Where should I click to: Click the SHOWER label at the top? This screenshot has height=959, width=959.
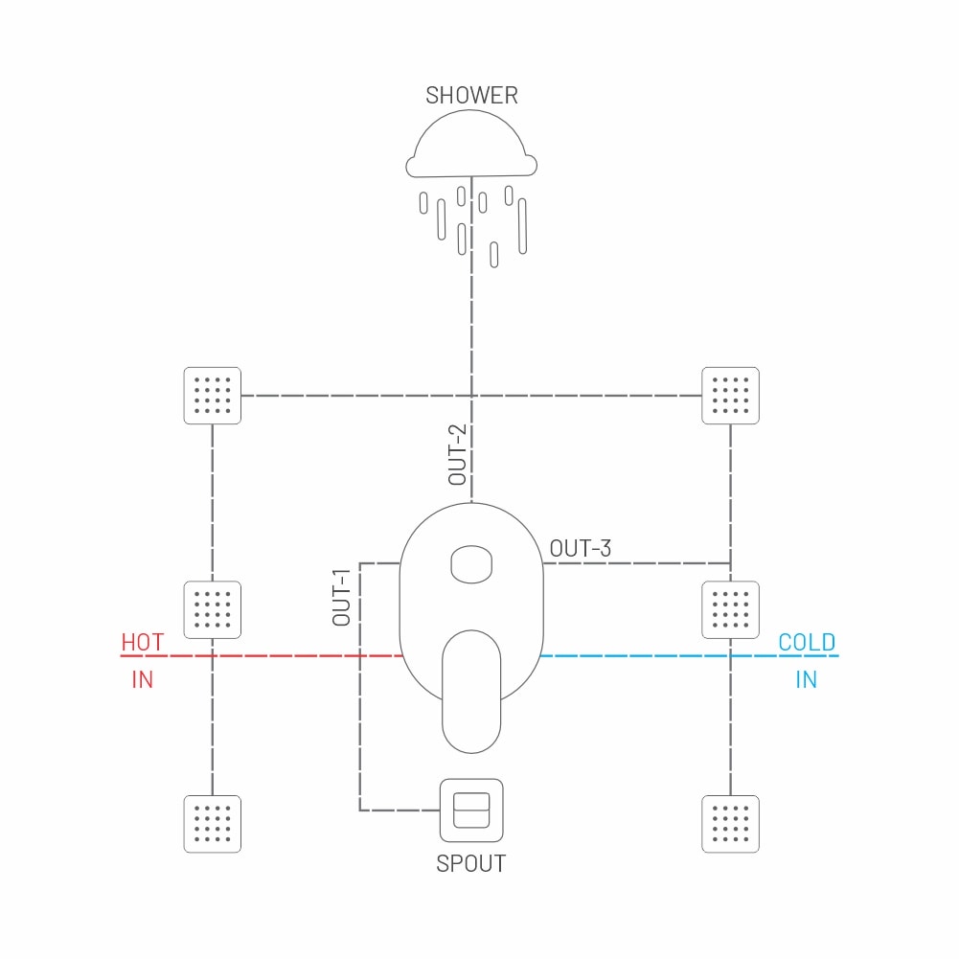pos(471,96)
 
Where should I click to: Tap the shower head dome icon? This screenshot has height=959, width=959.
pos(471,145)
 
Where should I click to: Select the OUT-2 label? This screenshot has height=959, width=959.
pos(458,454)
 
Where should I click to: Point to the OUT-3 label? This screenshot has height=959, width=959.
pos(581,549)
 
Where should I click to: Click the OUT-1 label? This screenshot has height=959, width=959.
pos(341,597)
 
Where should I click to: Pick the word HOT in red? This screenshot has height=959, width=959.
pos(143,642)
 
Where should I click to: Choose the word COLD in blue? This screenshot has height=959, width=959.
pos(807,642)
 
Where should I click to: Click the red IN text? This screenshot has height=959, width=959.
pos(143,679)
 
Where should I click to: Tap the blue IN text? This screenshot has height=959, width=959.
pos(806,679)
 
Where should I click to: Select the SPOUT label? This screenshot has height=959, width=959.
pos(471,863)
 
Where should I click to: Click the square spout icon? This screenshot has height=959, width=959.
pos(471,811)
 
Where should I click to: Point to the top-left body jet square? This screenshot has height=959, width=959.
pos(213,396)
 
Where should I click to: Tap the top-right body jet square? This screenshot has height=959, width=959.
pos(730,396)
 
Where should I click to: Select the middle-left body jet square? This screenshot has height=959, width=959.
pos(213,609)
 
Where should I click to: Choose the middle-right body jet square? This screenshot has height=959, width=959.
pos(730,609)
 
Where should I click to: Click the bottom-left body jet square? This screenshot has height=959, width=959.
pos(213,824)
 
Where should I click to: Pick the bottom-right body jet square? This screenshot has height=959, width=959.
pos(730,824)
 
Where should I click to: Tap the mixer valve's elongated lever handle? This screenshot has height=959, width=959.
pos(471,692)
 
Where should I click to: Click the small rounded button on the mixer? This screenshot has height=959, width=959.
pos(471,564)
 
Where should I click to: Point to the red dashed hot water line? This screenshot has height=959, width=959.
pos(262,655)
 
